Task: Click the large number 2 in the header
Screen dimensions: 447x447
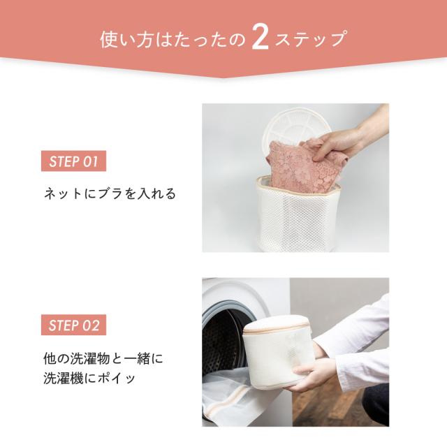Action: [x=258, y=39]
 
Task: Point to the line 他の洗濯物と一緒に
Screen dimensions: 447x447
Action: [x=103, y=360]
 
